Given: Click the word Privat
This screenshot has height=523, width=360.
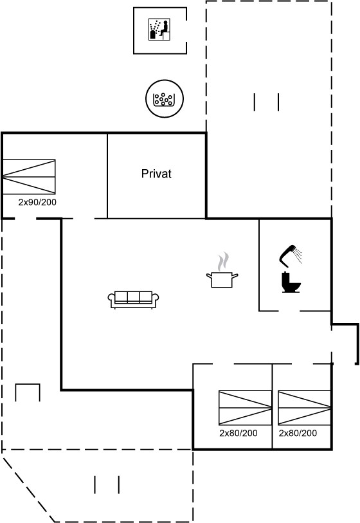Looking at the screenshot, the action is (x=156, y=174).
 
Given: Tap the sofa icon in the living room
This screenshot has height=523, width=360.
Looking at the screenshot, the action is (x=133, y=300).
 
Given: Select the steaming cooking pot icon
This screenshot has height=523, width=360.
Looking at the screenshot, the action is (x=222, y=270).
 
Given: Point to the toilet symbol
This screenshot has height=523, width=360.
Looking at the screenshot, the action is (x=291, y=282).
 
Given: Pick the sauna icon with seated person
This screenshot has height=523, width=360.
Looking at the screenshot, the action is (x=159, y=30).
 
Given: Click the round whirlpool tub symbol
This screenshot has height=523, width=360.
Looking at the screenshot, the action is (x=165, y=98).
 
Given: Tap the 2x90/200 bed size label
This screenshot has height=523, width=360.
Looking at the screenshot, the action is (x=37, y=202).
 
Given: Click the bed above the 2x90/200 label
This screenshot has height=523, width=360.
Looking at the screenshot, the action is (x=29, y=177).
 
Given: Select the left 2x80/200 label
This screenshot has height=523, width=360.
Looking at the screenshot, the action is (x=239, y=433).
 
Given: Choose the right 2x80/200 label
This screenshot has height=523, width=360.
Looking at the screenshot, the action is (x=298, y=433).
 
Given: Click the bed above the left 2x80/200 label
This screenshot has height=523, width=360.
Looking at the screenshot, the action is (x=246, y=408).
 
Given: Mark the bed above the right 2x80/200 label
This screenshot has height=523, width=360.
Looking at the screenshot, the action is (x=304, y=408).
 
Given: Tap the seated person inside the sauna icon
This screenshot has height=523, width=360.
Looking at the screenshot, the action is (x=164, y=29).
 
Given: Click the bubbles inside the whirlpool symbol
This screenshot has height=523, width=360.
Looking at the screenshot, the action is (x=163, y=98).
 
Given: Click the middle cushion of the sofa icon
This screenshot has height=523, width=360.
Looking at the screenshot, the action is (x=133, y=297).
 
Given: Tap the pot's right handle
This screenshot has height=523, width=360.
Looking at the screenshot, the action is (x=235, y=275).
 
